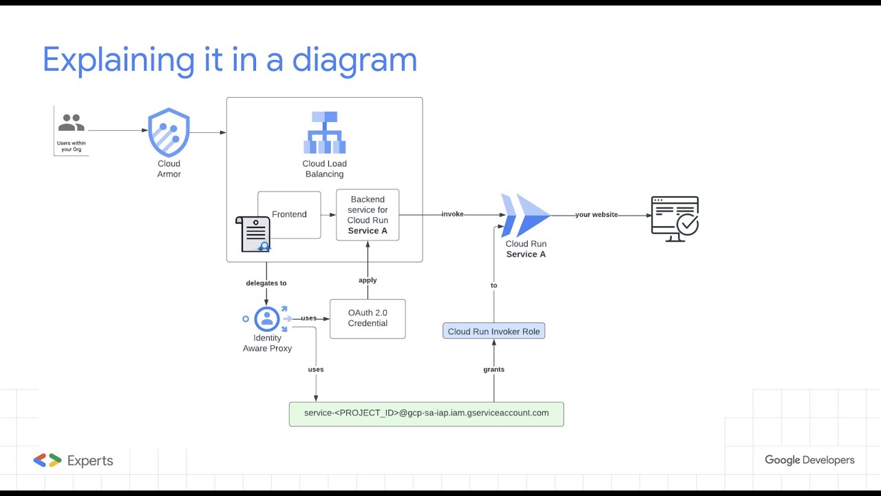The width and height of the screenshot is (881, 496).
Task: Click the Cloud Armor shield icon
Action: click(169, 132)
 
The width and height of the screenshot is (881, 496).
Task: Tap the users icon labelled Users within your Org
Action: click(71, 124)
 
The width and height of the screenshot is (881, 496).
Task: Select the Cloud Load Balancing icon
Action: click(324, 132)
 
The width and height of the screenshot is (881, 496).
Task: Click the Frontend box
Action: click(289, 214)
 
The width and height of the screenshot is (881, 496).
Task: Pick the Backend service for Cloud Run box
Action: click(368, 215)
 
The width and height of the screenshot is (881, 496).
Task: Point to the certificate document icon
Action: click(252, 234)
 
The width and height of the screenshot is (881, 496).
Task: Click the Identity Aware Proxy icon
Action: click(267, 319)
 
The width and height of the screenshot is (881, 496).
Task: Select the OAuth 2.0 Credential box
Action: click(368, 318)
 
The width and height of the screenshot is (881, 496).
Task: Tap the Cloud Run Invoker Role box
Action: click(493, 331)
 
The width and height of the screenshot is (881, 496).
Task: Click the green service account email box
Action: click(426, 413)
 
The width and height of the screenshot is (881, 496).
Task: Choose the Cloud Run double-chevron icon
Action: click(526, 216)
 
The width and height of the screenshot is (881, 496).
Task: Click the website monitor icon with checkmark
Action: click(675, 218)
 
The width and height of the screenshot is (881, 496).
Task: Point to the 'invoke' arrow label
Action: click(452, 214)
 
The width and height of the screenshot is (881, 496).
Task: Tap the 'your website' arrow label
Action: click(596, 214)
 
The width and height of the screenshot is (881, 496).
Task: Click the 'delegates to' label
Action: click(266, 283)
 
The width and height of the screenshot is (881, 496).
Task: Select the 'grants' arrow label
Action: click(493, 369)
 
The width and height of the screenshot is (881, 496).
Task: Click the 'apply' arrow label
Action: click(368, 280)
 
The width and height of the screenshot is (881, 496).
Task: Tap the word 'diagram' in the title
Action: click(354, 61)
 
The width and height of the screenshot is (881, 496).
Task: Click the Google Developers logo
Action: click(809, 460)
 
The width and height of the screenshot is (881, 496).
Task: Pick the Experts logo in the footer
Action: click(73, 461)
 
